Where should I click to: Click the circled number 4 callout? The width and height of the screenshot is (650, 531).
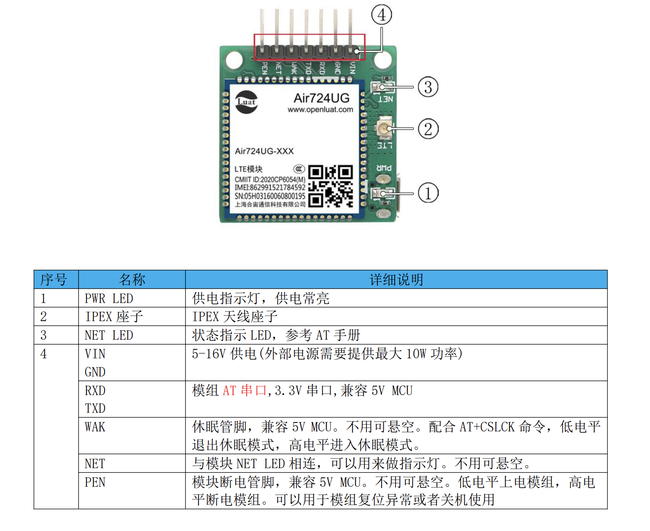click(x=381, y=15)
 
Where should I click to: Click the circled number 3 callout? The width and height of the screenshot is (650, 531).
click(x=428, y=87)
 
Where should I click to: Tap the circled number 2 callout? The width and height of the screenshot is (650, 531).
click(x=428, y=129)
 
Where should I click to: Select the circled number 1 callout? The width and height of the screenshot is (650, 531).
click(x=428, y=193)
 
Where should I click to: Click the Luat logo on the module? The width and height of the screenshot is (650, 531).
click(x=246, y=102)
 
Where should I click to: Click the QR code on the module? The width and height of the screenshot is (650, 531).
click(x=331, y=186)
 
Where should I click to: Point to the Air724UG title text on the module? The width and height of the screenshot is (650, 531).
click(x=322, y=98)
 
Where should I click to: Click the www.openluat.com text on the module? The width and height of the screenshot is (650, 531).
click(x=320, y=110)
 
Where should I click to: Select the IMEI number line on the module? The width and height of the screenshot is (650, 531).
click(x=270, y=187)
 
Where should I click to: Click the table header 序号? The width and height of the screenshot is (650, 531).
click(x=54, y=280)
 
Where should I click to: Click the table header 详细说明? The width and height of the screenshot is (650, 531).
click(x=396, y=280)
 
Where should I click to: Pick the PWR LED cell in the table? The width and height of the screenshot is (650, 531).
click(x=109, y=298)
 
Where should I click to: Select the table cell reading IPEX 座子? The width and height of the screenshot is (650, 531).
click(x=114, y=317)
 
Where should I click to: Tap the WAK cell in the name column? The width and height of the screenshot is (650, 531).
click(x=95, y=427)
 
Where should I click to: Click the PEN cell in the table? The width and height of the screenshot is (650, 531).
click(x=95, y=482)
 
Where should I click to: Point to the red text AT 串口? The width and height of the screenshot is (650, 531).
click(x=245, y=390)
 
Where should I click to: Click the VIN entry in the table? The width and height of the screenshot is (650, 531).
click(x=95, y=354)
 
